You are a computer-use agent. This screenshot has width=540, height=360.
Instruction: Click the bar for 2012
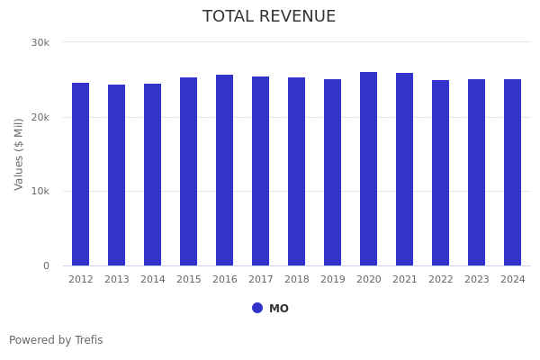[81, 175]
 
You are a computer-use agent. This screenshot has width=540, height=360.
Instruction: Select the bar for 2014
[153, 175]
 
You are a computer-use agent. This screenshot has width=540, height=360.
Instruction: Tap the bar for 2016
[225, 170]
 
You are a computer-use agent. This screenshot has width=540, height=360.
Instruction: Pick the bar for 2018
[297, 172]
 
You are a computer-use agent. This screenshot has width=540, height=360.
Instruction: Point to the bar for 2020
[369, 169]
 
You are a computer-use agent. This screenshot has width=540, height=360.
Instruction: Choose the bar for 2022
[441, 173]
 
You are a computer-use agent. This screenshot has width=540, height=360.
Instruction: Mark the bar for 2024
[513, 173]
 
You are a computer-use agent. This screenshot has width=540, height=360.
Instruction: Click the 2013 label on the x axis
[117, 280]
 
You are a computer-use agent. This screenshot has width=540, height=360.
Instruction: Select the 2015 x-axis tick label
[189, 280]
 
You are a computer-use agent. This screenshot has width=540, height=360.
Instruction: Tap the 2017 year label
[261, 280]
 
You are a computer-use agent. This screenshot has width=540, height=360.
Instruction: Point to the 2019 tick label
[333, 280]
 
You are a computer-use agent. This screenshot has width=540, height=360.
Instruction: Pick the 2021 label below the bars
[405, 280]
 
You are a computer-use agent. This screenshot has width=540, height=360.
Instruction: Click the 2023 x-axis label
[477, 280]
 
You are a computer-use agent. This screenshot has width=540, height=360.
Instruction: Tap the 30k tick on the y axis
[40, 42]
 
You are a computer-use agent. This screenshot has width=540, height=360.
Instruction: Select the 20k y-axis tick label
[40, 117]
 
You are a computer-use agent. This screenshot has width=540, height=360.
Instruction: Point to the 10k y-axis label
[40, 192]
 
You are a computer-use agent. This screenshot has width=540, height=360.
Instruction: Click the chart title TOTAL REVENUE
[269, 17]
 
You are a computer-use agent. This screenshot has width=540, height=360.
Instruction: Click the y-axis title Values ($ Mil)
[19, 154]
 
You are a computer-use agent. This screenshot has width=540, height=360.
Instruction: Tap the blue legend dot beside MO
[257, 308]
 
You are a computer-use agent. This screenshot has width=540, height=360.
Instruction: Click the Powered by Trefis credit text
[56, 340]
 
